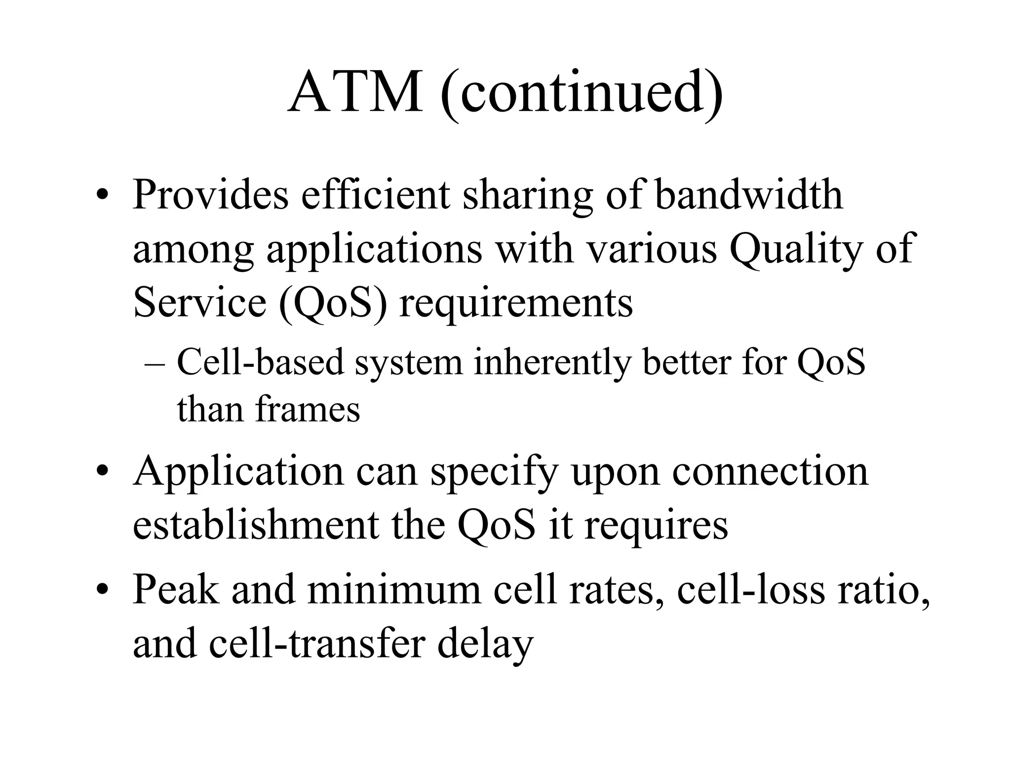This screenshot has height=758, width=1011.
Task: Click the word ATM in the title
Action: tap(355, 93)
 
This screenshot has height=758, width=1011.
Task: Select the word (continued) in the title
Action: tap(581, 94)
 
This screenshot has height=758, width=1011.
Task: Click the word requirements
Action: tap(516, 303)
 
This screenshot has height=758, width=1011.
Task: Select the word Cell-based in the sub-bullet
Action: tap(260, 362)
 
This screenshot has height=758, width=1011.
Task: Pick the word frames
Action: tap(308, 410)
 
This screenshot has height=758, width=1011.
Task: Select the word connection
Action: tap(770, 471)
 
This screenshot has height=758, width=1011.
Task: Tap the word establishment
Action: tap(255, 525)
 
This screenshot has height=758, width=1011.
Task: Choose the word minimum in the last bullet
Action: tap(394, 590)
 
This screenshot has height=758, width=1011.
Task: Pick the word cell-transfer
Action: tap(316, 644)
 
